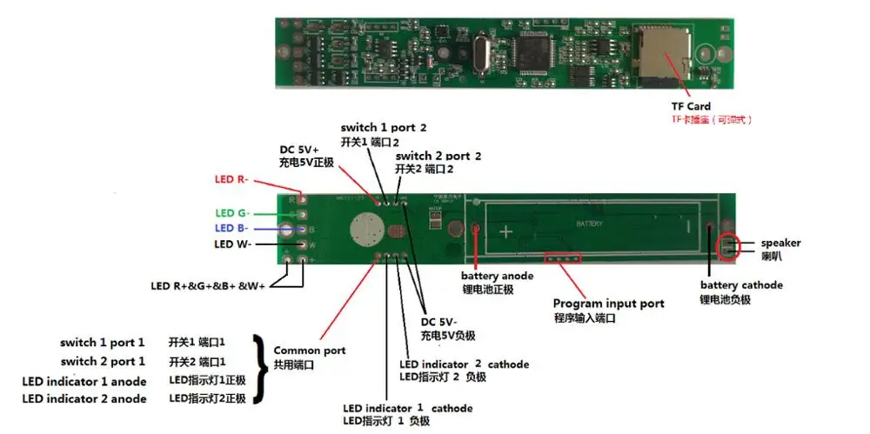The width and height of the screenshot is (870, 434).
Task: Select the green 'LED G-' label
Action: click(x=232, y=212)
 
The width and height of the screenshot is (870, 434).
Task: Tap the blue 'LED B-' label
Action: click(x=232, y=228)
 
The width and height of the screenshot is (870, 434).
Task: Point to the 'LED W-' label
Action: click(x=232, y=244)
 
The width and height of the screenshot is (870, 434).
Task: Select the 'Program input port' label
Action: click(x=608, y=304)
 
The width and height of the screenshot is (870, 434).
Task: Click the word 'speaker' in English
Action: click(x=780, y=243)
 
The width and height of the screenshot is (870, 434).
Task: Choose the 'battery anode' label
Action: click(x=497, y=277)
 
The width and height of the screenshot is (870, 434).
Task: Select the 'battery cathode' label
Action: click(x=741, y=285)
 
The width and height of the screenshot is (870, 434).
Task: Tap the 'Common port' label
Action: click(x=309, y=351)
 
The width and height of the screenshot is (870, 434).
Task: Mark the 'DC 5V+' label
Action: click(x=298, y=149)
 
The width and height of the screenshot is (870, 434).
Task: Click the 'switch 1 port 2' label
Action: click(x=383, y=127)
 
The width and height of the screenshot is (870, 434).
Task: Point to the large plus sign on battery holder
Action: click(x=506, y=231)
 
